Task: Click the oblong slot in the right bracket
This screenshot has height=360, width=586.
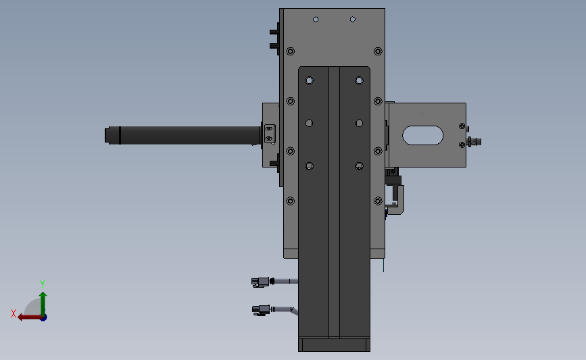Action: point(423,135)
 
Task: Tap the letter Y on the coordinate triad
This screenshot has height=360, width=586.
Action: point(43,284)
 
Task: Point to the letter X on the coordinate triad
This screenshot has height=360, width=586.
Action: point(14,313)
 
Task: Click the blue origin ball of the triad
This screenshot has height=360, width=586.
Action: point(43,317)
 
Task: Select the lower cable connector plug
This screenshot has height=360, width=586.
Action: point(260,310)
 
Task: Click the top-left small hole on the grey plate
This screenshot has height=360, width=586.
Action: point(315,20)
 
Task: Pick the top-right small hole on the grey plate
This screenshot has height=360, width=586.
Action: point(352,20)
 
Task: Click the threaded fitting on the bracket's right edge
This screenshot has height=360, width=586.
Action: point(476,142)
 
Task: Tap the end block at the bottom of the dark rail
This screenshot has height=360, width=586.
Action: point(335,345)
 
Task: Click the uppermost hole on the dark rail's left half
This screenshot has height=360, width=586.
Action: point(310,81)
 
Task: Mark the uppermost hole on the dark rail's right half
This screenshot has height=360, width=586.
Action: point(359,81)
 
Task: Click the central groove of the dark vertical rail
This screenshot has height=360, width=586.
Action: point(334,203)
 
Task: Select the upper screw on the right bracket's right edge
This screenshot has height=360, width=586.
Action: point(462,126)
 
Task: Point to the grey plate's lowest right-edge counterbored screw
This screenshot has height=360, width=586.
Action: point(377,201)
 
